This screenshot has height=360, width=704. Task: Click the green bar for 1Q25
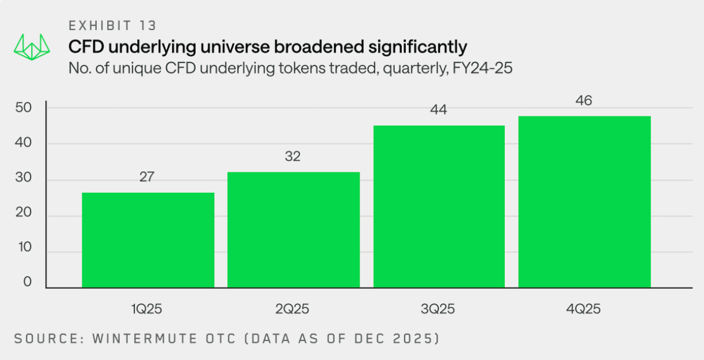[x=148, y=240]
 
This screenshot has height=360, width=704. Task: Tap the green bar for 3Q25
[x=439, y=206]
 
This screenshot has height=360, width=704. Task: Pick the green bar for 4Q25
[x=584, y=201]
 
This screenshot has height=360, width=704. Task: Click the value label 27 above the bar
[x=147, y=177]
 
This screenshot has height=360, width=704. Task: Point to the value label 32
[x=293, y=156]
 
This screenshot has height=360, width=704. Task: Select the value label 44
[x=439, y=109]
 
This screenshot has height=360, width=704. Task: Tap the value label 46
[x=584, y=101]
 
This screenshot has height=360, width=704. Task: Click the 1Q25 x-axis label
[x=147, y=309]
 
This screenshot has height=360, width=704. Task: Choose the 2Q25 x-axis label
[x=293, y=309]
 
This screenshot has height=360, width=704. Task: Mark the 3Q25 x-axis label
[x=439, y=309]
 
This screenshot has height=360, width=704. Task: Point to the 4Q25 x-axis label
[x=584, y=309]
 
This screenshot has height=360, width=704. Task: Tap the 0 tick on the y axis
[x=27, y=282]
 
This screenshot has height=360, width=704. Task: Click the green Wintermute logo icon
[x=34, y=47]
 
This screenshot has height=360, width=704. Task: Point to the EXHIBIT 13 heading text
[x=112, y=25]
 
